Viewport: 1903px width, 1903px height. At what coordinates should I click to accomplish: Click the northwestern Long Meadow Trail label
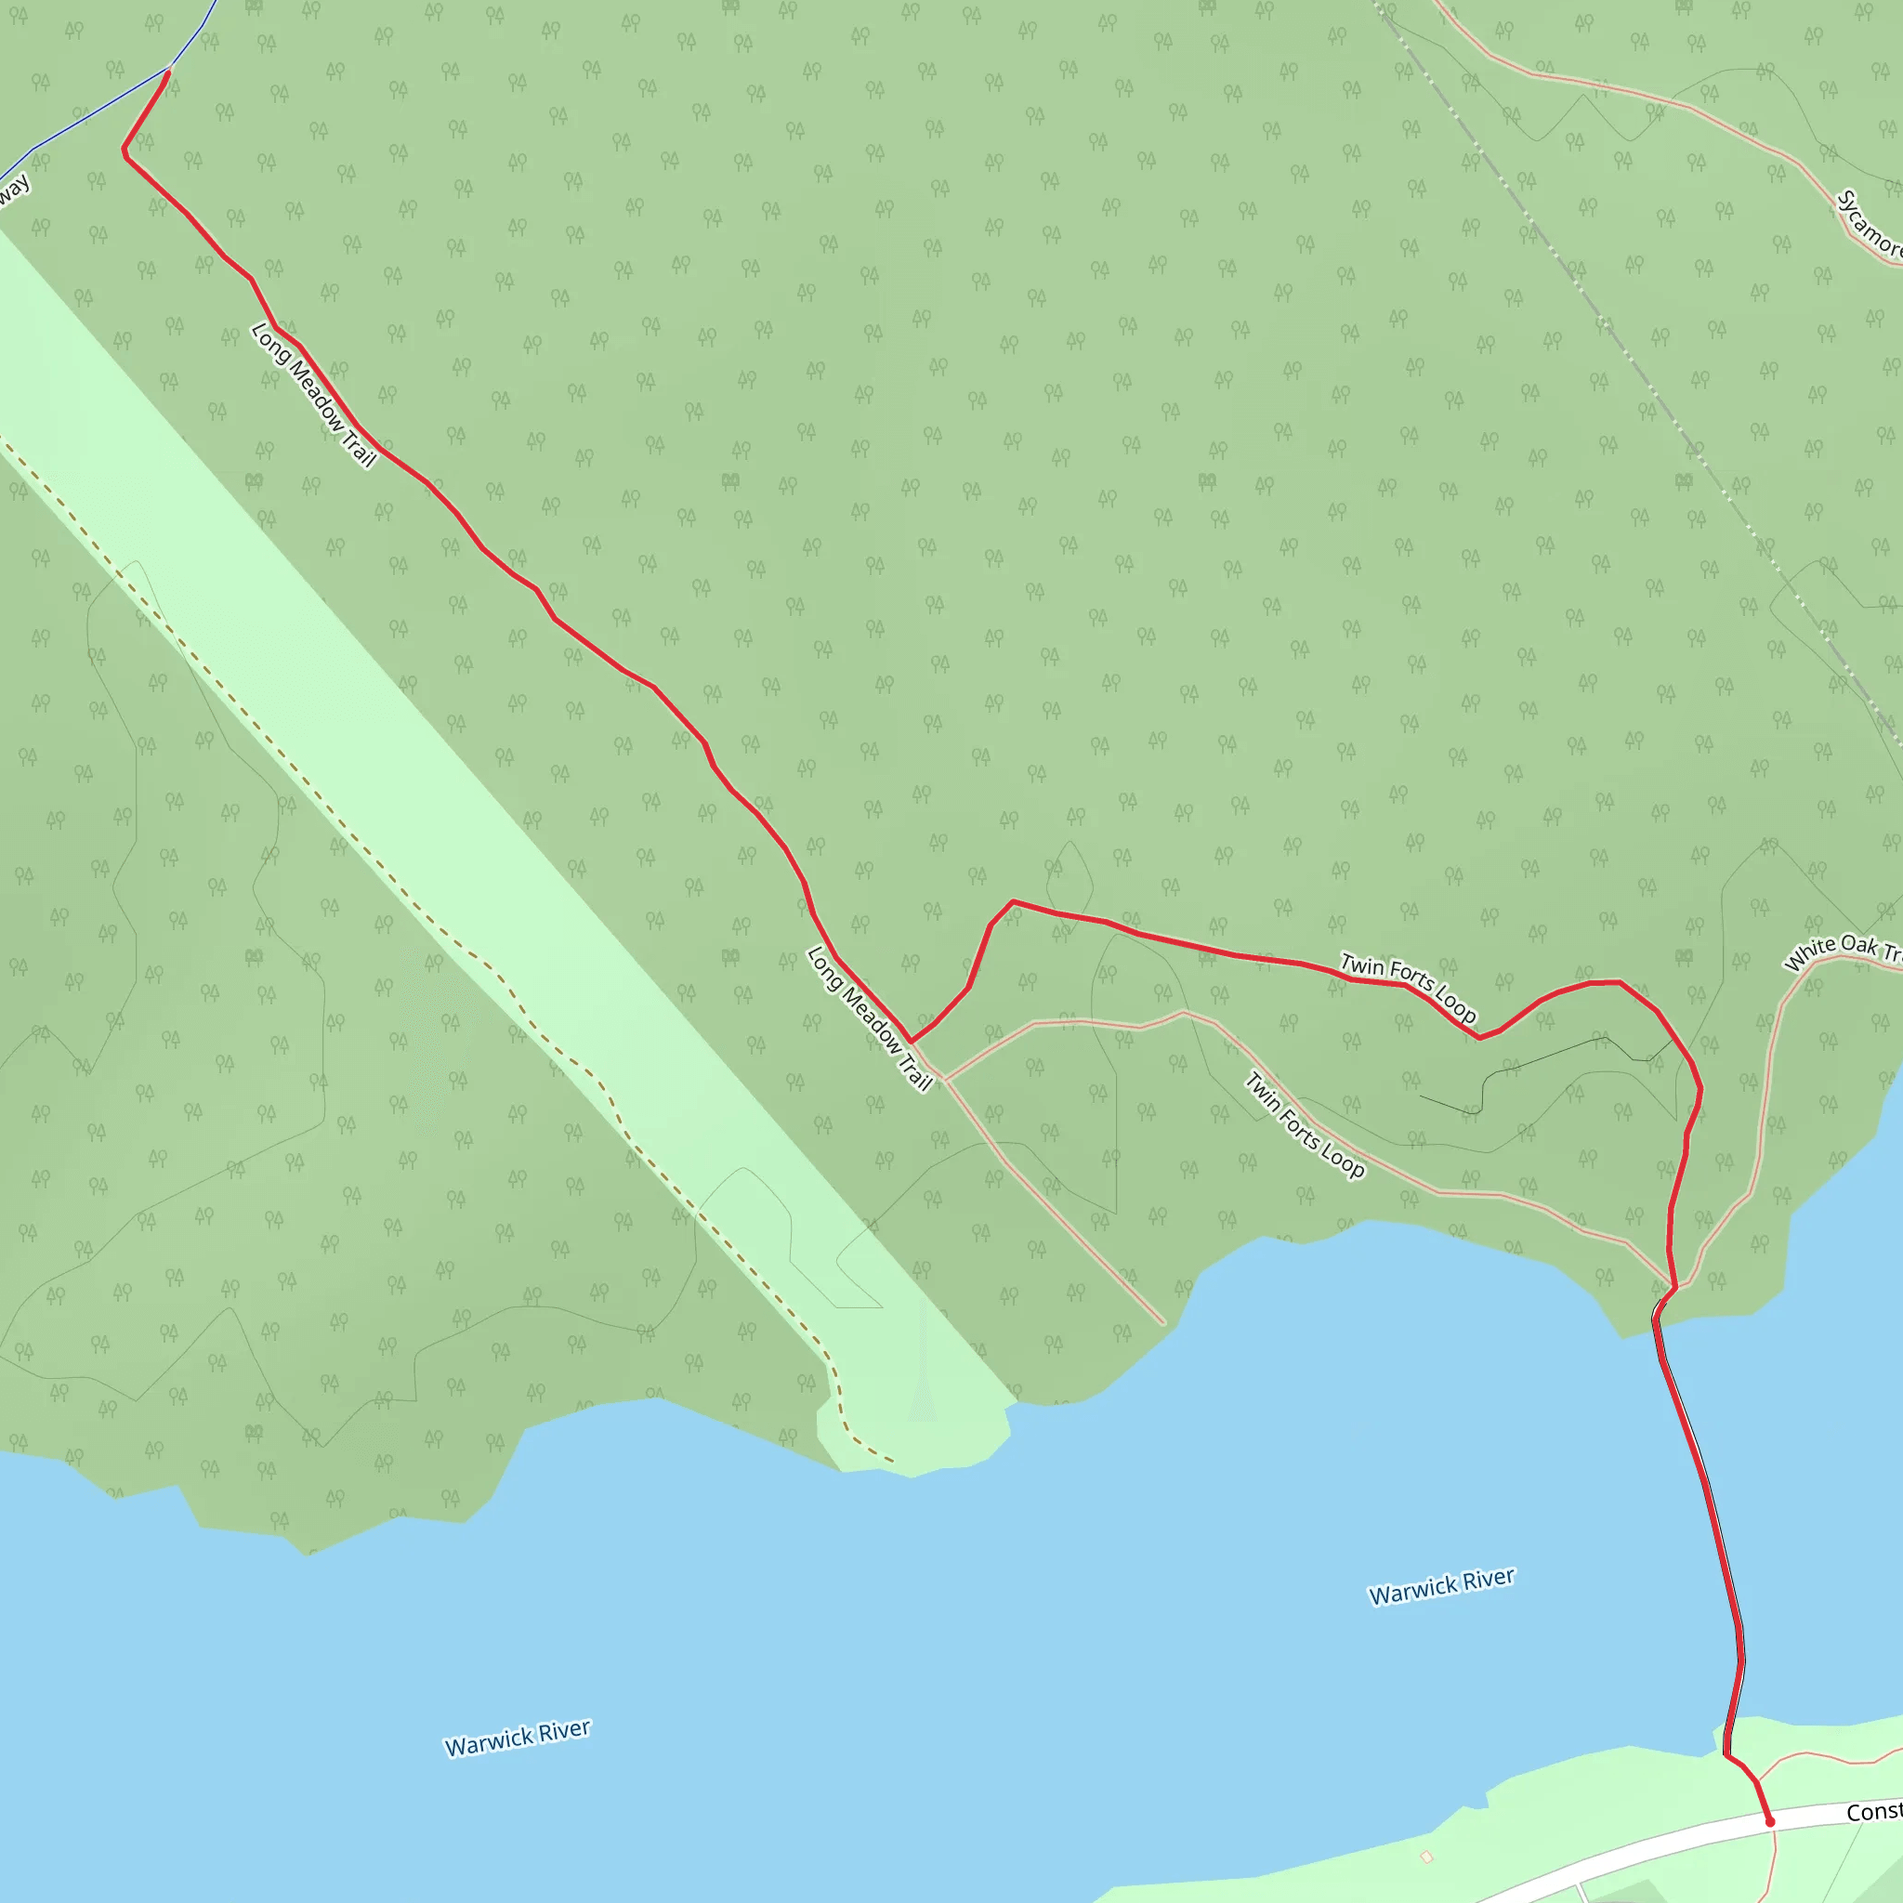point(313,395)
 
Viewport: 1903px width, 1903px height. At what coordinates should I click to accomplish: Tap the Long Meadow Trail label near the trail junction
point(869,1018)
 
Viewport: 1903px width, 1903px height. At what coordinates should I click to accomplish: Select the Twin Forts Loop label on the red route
point(1408,987)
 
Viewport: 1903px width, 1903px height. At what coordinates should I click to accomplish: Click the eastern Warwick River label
point(1441,1586)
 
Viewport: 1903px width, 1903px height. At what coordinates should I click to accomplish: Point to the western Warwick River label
point(518,1738)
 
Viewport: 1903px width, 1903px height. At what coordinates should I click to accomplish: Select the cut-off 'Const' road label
point(1873,1812)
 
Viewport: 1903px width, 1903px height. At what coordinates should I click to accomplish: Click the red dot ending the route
point(1770,1822)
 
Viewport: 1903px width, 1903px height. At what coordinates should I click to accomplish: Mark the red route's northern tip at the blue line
point(169,71)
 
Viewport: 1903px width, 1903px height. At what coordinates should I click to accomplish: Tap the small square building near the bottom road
point(1426,1857)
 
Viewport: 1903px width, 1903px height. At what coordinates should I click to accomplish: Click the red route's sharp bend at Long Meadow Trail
point(912,1041)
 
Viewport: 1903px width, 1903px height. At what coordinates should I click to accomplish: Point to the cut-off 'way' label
point(13,191)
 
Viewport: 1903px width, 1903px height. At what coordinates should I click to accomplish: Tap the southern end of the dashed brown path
point(892,1462)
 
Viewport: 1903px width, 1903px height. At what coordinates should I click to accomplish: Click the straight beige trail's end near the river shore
point(1163,1323)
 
